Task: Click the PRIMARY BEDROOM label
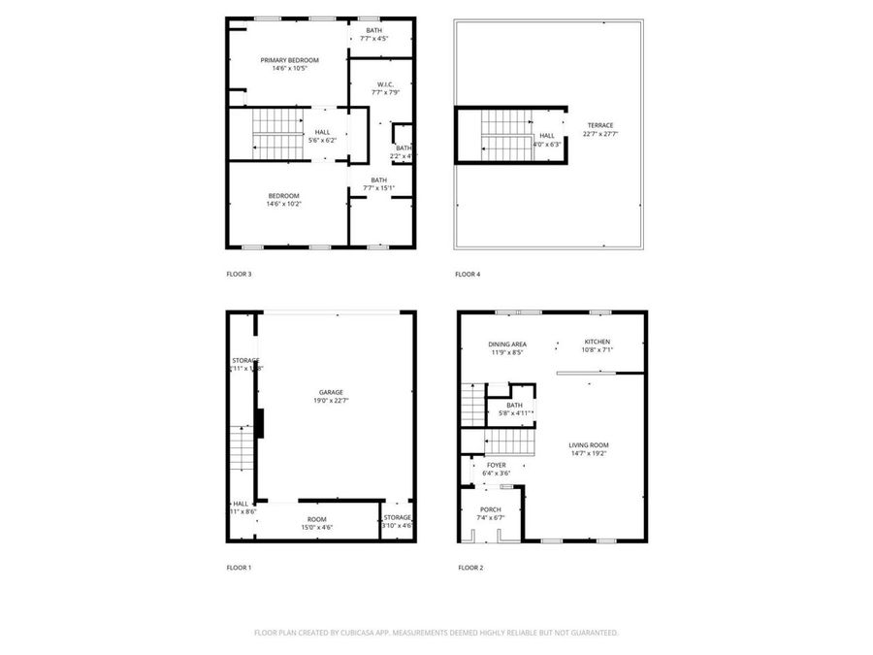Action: [x=289, y=60]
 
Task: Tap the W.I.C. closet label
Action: [x=386, y=84]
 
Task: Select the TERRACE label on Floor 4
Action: [x=598, y=125]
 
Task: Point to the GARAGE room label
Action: [x=330, y=392]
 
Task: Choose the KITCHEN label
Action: [x=597, y=343]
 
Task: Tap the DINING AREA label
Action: [x=506, y=344]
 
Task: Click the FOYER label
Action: [x=496, y=465]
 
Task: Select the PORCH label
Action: [x=491, y=509]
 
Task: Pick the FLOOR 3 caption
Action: [x=239, y=275]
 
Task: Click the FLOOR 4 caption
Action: [x=468, y=275]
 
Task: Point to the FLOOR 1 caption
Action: [x=239, y=568]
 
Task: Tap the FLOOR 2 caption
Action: [x=470, y=568]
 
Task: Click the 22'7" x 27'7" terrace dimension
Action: [x=599, y=134]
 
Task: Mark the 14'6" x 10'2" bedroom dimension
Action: [x=283, y=204]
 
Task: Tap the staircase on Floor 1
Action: [x=241, y=448]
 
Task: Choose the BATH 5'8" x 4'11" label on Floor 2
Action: [x=514, y=409]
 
